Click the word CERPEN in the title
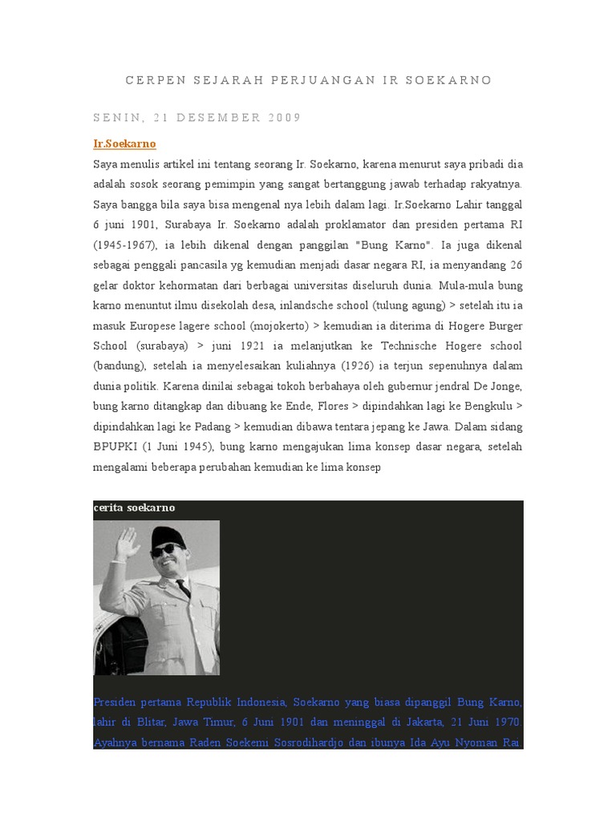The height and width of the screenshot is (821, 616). [x=152, y=80]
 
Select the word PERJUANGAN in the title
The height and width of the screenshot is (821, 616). [x=293, y=80]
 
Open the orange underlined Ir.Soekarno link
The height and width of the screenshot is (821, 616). [x=124, y=144]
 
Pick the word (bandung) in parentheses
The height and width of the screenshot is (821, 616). [x=119, y=366]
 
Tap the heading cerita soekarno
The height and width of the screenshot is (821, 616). [x=135, y=508]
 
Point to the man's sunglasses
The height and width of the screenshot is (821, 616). [x=165, y=550]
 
